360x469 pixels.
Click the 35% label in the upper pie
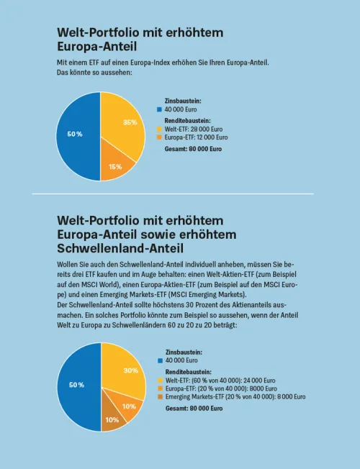click(x=130, y=122)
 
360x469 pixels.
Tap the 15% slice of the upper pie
click(x=115, y=162)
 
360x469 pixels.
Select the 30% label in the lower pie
click(x=131, y=370)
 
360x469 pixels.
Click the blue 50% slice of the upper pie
click(x=78, y=137)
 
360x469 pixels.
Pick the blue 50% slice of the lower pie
click(x=79, y=387)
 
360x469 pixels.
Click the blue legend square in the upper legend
click(x=159, y=110)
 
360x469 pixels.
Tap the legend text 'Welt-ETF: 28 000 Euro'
click(x=194, y=129)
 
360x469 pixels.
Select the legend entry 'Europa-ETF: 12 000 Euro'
click(x=196, y=137)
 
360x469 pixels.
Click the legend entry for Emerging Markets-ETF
click(x=235, y=397)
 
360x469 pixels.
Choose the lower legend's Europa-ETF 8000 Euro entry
click(x=221, y=388)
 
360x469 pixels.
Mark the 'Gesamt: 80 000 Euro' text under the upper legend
click(x=193, y=149)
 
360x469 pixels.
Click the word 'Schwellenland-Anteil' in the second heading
click(x=120, y=248)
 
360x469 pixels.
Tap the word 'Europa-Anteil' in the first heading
click(x=96, y=47)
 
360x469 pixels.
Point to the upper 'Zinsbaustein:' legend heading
click(x=183, y=101)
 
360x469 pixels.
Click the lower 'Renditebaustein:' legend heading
click(x=189, y=372)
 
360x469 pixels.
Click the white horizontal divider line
click(x=173, y=193)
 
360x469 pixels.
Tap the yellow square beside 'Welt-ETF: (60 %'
click(x=161, y=381)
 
